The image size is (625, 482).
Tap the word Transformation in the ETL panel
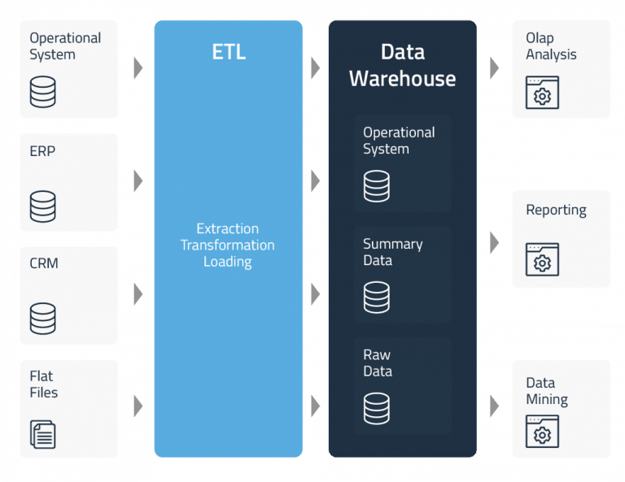click(227, 245)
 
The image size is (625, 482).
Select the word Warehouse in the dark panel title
click(402, 79)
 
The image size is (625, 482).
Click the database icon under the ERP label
click(43, 206)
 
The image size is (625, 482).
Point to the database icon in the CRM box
click(43, 319)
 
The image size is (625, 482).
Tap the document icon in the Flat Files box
click(43, 434)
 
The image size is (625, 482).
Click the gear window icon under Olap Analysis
click(542, 93)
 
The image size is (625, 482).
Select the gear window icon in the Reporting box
click(542, 260)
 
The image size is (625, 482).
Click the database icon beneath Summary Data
click(376, 297)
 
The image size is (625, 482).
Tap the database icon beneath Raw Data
click(376, 408)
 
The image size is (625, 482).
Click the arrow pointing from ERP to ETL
click(138, 180)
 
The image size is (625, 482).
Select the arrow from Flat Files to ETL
click(138, 406)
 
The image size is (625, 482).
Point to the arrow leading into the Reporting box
click(494, 241)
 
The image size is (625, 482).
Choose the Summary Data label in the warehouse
click(392, 252)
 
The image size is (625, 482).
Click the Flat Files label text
click(44, 384)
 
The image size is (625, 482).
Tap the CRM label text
click(44, 264)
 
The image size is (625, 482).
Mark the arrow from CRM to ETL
click(138, 293)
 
